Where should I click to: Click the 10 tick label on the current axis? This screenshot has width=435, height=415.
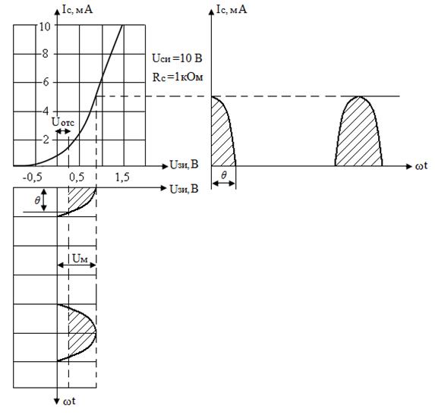(x=45, y=27)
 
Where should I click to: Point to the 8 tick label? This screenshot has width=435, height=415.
(x=46, y=54)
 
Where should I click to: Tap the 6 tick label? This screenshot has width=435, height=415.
(x=46, y=82)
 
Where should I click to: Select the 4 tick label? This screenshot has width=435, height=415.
(x=46, y=112)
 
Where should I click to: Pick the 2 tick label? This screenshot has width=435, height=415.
(x=46, y=139)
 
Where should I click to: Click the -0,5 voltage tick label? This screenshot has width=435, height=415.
(x=32, y=177)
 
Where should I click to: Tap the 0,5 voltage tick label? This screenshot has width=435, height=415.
(x=77, y=177)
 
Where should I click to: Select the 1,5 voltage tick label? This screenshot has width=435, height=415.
(x=122, y=177)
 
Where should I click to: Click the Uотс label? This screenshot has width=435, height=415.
(x=63, y=122)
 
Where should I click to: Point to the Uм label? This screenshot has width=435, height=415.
(x=80, y=259)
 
